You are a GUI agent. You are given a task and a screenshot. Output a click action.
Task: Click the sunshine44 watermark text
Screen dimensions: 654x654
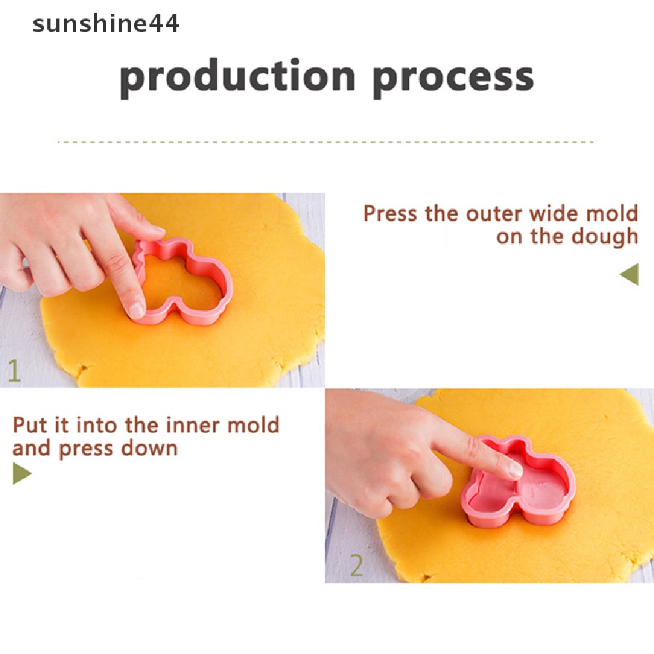[105, 24]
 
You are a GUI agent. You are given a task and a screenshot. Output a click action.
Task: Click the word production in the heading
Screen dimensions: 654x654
[237, 79]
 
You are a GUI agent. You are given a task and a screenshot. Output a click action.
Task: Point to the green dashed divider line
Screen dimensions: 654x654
[325, 142]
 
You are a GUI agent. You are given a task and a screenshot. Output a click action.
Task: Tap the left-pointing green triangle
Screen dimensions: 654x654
[629, 275]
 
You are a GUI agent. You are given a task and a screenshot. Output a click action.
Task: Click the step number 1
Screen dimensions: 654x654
[14, 370]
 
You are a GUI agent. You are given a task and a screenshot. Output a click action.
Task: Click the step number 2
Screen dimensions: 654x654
[356, 566]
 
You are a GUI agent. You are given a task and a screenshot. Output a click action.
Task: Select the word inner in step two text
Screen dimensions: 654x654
[193, 425]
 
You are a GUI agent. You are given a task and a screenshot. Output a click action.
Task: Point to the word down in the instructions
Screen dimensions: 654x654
[149, 448]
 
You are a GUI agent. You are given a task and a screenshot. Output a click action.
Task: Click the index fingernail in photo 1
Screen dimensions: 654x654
[136, 310]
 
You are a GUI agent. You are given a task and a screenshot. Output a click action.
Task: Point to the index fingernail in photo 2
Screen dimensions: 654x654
[516, 471]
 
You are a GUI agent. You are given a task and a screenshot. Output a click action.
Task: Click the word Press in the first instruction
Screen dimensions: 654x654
[390, 213]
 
